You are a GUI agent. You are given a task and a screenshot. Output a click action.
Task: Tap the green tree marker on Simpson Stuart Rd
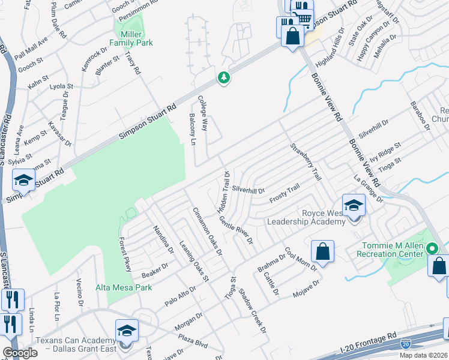(x=224, y=78)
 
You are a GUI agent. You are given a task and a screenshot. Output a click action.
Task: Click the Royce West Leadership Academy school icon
(x=354, y=206)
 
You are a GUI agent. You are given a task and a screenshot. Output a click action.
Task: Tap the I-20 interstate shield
(x=406, y=344)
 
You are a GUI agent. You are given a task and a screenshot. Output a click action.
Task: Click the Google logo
(x=20, y=353)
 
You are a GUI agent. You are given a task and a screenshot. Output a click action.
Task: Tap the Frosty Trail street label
(x=284, y=193)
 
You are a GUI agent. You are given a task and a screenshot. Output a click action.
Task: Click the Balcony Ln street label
(x=193, y=130)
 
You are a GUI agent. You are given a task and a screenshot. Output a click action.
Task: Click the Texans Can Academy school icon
(x=127, y=331)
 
